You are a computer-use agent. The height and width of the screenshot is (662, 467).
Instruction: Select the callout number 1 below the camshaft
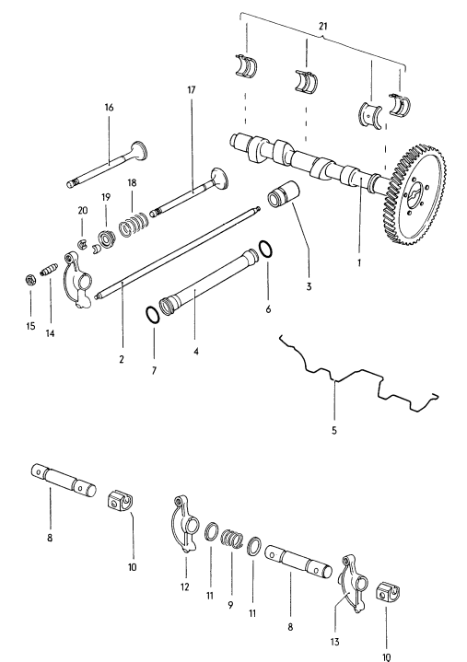(x=360, y=261)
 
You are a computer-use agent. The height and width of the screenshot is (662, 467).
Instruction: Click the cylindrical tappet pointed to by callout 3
(x=280, y=199)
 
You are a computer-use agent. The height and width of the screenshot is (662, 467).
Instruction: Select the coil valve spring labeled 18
(x=136, y=224)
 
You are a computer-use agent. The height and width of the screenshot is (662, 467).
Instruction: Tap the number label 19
(x=106, y=197)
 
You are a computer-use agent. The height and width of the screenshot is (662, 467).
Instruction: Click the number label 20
(x=83, y=211)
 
